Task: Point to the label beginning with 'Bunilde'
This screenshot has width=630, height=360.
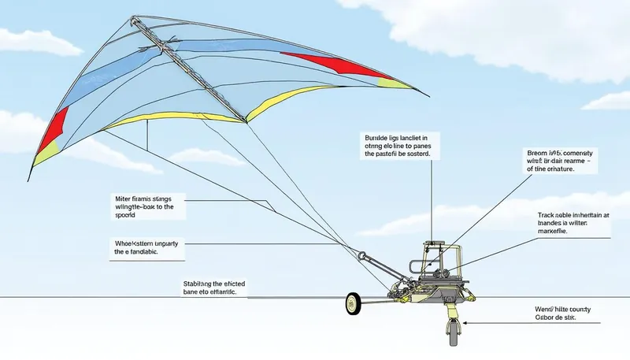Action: click(x=398, y=145)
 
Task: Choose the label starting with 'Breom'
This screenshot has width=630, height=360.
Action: click(x=560, y=160)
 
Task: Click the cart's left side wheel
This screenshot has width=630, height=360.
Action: click(x=353, y=303)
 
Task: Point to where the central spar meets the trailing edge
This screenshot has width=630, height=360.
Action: click(x=246, y=123)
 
